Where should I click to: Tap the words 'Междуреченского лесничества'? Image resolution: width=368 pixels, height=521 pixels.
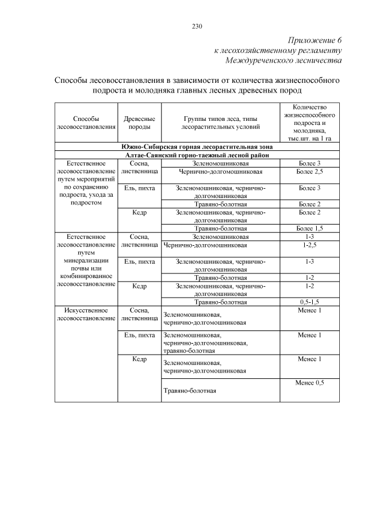click(284, 60)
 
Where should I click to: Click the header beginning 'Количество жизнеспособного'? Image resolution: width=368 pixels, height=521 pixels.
click(310, 122)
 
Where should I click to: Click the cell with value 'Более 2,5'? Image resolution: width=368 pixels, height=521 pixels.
click(310, 172)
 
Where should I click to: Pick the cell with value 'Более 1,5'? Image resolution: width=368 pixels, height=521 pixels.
click(310, 228)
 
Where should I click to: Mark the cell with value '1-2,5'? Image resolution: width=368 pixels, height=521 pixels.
click(310, 245)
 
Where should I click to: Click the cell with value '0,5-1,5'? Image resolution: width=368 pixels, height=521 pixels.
click(310, 301)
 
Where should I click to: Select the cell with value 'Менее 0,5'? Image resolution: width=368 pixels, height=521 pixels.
click(310, 383)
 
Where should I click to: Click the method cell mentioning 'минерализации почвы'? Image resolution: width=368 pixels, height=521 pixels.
click(86, 260)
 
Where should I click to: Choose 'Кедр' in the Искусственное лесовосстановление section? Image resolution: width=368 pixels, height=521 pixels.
click(139, 359)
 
